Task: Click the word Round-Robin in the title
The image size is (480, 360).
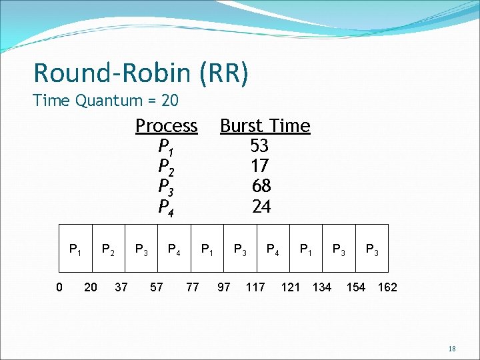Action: (x=113, y=73)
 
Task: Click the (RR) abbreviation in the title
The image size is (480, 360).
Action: (x=223, y=73)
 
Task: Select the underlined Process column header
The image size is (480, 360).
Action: (x=167, y=126)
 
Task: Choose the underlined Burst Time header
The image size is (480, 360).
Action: (x=265, y=126)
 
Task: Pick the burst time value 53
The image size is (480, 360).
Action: (x=259, y=145)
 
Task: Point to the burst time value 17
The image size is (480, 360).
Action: (x=260, y=165)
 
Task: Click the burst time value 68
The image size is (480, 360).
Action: (x=261, y=185)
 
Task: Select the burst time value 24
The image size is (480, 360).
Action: (x=261, y=207)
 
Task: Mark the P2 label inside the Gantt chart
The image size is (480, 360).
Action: (x=107, y=250)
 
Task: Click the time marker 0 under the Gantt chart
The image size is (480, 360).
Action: (x=59, y=287)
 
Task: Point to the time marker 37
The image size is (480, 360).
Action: (x=122, y=287)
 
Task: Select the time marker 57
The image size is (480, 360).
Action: (x=156, y=287)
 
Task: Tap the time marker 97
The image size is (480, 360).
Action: (x=224, y=287)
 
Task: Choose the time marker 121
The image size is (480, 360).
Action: (x=291, y=287)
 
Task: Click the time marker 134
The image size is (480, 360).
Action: (x=322, y=287)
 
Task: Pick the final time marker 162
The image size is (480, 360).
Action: (x=387, y=287)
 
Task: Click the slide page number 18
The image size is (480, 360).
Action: (x=452, y=349)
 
